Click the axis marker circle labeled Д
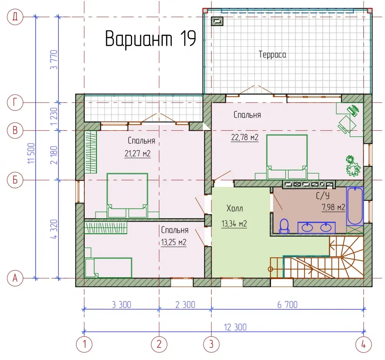(x=15, y=17)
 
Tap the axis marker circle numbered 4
(x=364, y=344)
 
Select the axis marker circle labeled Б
(x=15, y=180)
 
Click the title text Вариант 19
(x=151, y=39)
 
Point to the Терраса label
(x=272, y=54)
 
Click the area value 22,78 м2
(x=244, y=137)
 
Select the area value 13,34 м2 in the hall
(x=234, y=224)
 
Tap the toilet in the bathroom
(x=285, y=226)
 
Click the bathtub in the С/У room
(x=355, y=206)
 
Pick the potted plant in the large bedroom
(x=353, y=166)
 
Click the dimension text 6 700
(x=287, y=305)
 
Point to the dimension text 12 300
(x=235, y=327)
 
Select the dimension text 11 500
(x=31, y=153)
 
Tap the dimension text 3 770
(x=54, y=59)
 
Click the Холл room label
(x=234, y=209)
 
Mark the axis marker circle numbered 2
(x=159, y=344)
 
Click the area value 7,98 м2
(x=333, y=207)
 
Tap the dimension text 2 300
(x=186, y=305)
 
